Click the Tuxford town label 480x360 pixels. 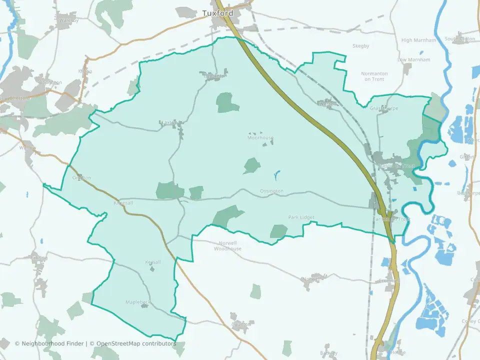point(217,13)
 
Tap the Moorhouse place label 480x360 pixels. point(260,137)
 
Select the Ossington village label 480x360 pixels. point(271,191)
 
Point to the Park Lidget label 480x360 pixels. point(301,217)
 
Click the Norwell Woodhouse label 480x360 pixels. point(227,246)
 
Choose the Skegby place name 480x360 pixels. point(360,46)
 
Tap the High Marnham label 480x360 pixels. point(418,40)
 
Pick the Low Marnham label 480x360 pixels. point(413,60)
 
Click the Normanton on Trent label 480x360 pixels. point(374,76)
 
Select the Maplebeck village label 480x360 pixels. point(137,302)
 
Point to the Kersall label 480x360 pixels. point(153,262)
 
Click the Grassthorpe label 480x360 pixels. point(384,108)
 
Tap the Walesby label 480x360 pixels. point(69,20)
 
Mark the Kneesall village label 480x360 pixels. point(123,203)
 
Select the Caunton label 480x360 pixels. point(241,324)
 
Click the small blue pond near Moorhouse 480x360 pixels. point(276,175)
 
